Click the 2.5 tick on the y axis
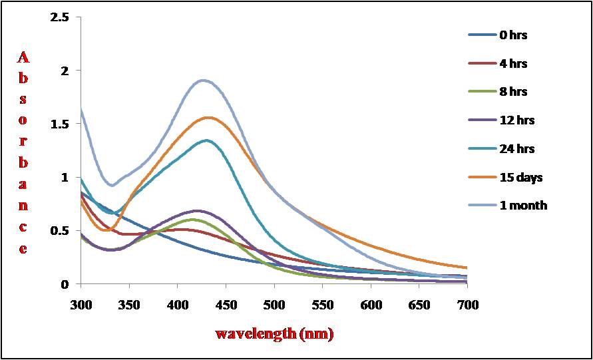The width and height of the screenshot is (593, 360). click(60, 17)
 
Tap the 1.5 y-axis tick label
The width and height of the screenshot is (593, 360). click(60, 124)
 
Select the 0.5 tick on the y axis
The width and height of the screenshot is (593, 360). click(60, 231)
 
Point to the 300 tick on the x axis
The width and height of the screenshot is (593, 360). click(81, 304)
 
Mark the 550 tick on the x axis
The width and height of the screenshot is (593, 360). click(322, 304)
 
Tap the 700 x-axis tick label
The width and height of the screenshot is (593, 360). click(467, 304)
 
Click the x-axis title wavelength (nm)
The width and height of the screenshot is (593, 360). click(274, 333)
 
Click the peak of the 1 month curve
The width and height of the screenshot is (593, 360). click(203, 81)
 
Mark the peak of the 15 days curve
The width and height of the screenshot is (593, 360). click(209, 118)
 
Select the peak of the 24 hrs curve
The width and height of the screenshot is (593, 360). click(206, 140)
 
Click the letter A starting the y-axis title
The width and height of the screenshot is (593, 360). click(23, 59)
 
